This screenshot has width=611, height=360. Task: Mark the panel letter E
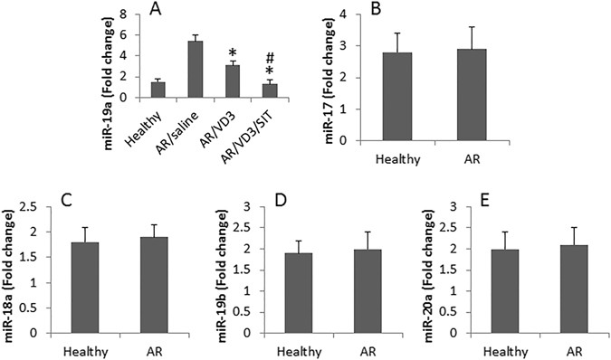click(x=466, y=197)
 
